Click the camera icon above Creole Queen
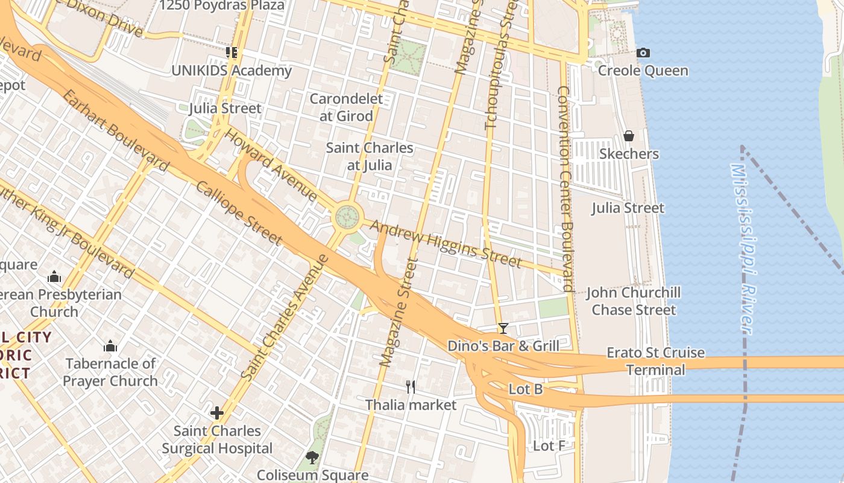(643, 53)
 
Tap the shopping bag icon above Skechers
(629, 136)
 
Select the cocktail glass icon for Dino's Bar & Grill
(503, 328)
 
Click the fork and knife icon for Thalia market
(411, 387)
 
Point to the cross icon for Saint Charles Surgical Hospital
(217, 413)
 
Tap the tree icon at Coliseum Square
(312, 458)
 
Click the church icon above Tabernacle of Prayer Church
(110, 346)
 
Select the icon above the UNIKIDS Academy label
(231, 53)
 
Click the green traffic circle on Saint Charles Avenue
(347, 216)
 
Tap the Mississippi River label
(743, 248)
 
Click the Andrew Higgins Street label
(445, 243)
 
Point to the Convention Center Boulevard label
(565, 188)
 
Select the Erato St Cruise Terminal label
(655, 361)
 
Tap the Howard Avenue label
(271, 164)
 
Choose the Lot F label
(549, 446)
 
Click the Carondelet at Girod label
(346, 107)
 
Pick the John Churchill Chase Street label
(634, 301)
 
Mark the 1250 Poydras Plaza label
(222, 6)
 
